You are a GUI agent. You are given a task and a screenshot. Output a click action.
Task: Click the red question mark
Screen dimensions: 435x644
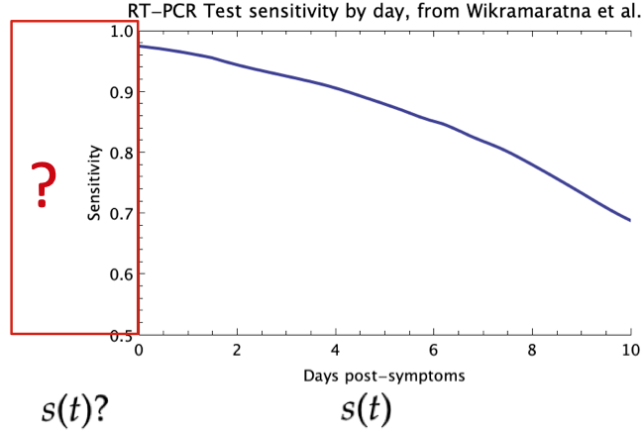pos(42,185)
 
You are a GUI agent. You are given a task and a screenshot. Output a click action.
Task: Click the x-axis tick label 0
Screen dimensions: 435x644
pos(139,350)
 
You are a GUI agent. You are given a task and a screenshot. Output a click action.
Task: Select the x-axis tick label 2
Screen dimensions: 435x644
pos(237,350)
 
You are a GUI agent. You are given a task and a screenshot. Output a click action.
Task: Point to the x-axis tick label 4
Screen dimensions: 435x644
pos(336,350)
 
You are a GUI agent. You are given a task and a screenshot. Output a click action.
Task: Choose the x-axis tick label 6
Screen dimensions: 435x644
pos(434,350)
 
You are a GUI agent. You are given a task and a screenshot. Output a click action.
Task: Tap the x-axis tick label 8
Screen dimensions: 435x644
pos(532,350)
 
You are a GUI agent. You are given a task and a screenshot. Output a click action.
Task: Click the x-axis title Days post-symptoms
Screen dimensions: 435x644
pos(383,377)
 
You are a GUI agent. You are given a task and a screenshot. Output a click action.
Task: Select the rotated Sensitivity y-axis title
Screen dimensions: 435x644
pos(95,183)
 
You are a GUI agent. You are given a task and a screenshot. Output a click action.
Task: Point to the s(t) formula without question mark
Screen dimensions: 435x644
pos(366,409)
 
